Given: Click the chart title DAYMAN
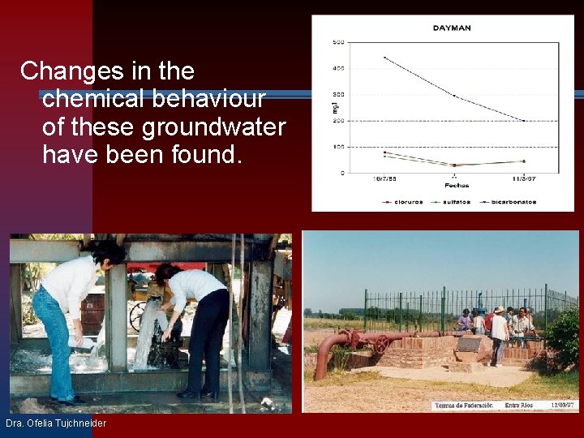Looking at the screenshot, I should pyautogui.click(x=452, y=28).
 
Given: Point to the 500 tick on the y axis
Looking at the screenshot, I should pyautogui.click(x=338, y=42).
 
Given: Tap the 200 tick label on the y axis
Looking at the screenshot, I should pyautogui.click(x=338, y=121).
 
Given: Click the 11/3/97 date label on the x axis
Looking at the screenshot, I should pyautogui.click(x=523, y=178).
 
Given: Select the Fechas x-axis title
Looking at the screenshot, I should pyautogui.click(x=454, y=186).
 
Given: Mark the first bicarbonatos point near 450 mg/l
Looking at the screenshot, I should pyautogui.click(x=384, y=58).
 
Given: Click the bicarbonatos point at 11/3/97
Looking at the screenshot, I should pyautogui.click(x=524, y=121).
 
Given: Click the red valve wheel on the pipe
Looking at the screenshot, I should pyautogui.click(x=380, y=343).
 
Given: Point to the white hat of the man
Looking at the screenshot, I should pyautogui.click(x=499, y=310).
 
